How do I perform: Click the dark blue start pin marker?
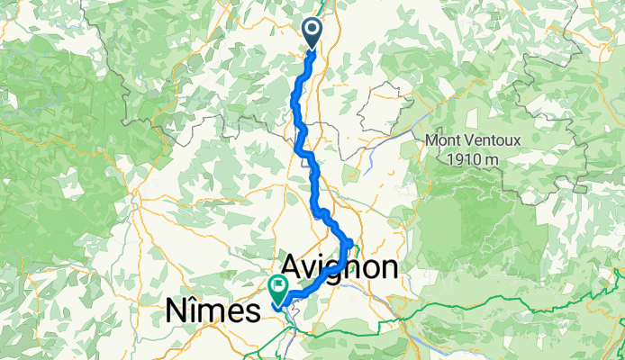[312, 32]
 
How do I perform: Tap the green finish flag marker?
[277, 288]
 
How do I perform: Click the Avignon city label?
[340, 267]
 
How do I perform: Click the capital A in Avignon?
[294, 267]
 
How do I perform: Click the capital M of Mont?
[430, 141]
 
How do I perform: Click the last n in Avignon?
[387, 267]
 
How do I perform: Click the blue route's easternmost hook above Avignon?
[349, 243]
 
